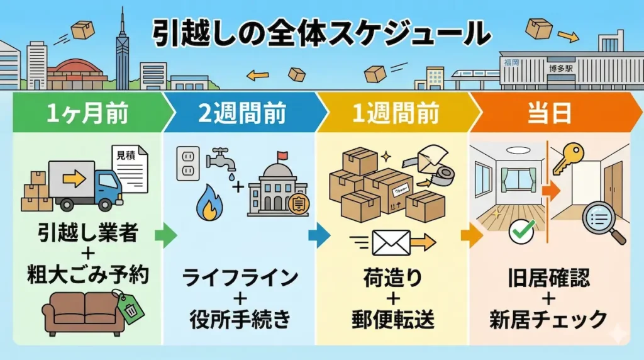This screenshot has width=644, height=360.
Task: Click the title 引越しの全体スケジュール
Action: pos(321,34)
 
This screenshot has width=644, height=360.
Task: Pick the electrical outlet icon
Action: pos(187,163)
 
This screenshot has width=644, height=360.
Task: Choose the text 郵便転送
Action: pos(393,320)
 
